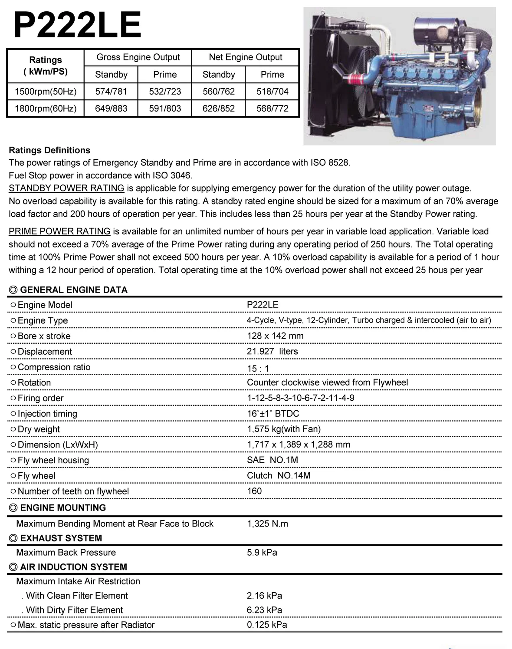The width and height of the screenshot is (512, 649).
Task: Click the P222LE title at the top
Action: [x=77, y=25]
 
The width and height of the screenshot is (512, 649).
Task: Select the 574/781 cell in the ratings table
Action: [x=111, y=92]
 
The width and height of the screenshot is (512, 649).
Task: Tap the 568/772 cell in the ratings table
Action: [x=272, y=109]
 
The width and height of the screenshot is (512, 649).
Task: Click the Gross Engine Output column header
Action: [x=138, y=57]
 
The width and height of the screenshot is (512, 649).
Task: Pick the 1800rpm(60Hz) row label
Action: [x=46, y=109]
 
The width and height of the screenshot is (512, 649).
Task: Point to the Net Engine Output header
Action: [x=245, y=57]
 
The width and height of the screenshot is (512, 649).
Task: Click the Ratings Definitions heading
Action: [x=49, y=150]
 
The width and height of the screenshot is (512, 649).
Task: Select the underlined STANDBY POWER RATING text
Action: [x=66, y=188]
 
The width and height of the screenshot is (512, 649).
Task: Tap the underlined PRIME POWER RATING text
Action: [x=59, y=231]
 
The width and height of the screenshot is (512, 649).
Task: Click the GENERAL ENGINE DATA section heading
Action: [x=73, y=290]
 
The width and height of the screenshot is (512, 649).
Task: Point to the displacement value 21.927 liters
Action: [x=272, y=352]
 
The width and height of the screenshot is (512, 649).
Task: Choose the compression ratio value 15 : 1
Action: [x=258, y=369]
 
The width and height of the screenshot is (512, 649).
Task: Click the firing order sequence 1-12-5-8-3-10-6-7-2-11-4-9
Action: [x=300, y=398]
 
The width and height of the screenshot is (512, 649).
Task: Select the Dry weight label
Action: [x=39, y=429]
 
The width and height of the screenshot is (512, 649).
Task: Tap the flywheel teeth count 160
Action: [x=254, y=491]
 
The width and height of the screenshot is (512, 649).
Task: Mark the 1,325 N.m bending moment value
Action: [x=267, y=524]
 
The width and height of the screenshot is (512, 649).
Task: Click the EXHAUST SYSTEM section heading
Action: [x=61, y=538]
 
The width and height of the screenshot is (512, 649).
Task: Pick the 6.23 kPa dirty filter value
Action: [x=264, y=610]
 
